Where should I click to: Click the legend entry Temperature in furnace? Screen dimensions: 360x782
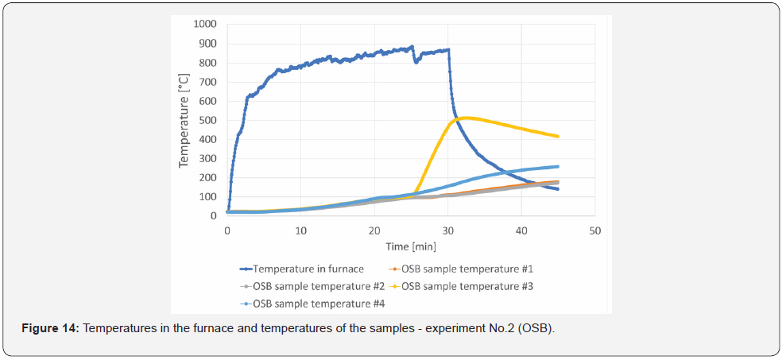click(302, 269)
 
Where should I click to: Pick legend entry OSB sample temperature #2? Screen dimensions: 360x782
click(302, 285)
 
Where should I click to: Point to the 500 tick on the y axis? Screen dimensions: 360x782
click(208, 120)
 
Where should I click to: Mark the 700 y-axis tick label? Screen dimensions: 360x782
click(208, 82)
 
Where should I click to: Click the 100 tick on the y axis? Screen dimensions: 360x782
click(208, 197)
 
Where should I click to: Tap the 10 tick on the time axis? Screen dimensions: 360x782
click(301, 230)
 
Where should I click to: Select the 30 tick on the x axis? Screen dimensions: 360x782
click(448, 230)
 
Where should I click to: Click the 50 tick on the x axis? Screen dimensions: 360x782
click(595, 230)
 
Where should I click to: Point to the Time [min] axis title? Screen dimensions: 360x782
click(411, 247)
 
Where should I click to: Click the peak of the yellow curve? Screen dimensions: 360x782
click(466, 118)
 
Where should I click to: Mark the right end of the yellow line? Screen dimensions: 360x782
click(559, 137)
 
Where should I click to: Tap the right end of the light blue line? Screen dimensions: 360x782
click(559, 166)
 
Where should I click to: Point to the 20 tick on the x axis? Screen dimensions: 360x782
click(374, 230)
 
